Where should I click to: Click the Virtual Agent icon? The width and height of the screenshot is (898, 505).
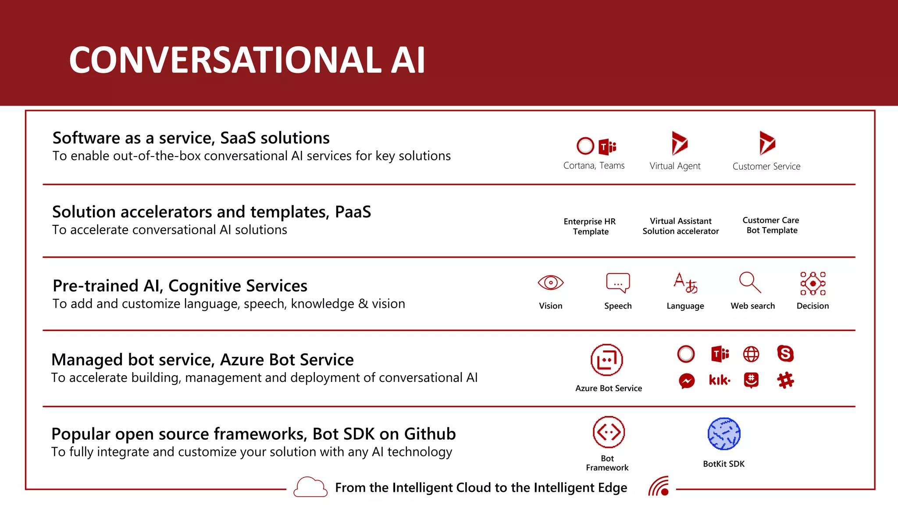[679, 143]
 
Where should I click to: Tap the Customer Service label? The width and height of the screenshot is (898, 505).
[766, 167]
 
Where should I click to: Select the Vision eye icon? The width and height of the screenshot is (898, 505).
[550, 283]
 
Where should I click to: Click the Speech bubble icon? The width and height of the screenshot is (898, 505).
[618, 283]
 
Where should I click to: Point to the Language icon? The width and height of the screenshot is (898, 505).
[685, 283]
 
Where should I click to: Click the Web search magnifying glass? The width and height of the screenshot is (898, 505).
[750, 282]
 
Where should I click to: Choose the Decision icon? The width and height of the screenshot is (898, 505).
[812, 283]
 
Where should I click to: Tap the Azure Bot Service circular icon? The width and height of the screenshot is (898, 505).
[607, 360]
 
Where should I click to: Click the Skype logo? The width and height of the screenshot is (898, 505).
[785, 354]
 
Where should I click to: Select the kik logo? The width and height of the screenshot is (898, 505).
[720, 380]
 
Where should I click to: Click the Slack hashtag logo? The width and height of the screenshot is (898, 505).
[785, 380]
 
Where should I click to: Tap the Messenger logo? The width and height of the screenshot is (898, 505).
[687, 381]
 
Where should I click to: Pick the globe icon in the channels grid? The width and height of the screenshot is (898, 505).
[751, 354]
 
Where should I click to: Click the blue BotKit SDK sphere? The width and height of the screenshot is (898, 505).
[724, 434]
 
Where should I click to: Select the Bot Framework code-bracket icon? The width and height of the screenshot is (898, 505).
[609, 432]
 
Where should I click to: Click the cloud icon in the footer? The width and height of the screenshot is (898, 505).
[310, 487]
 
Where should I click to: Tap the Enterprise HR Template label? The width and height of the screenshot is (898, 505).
[590, 227]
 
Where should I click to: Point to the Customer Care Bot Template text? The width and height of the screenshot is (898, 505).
[771, 225]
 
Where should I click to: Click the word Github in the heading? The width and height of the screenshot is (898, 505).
[430, 434]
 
